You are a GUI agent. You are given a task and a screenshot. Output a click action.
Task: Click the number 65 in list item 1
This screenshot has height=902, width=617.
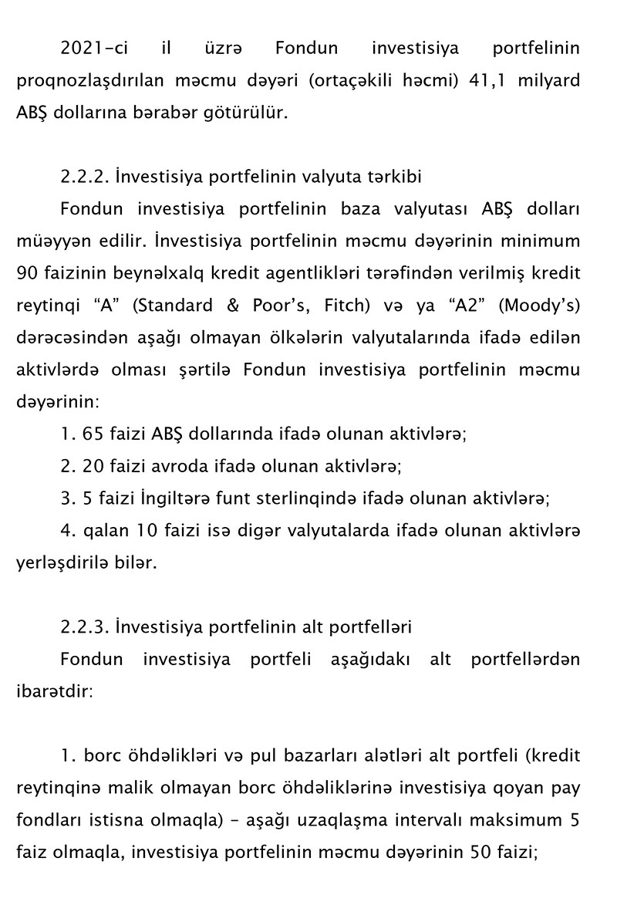(x=91, y=434)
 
